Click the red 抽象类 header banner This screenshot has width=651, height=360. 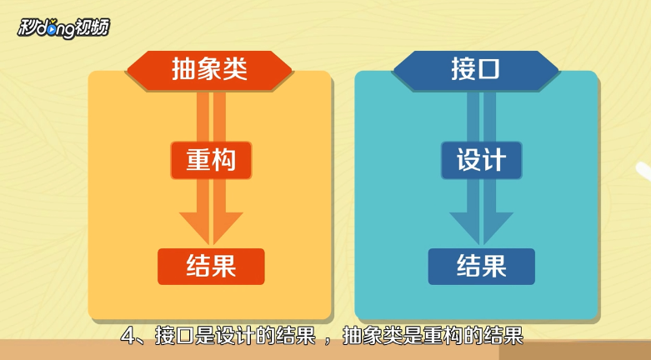[x=209, y=69]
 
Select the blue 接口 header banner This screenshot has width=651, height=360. [x=476, y=69]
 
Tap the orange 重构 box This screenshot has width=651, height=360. [x=210, y=160]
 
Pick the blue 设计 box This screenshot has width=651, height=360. [x=481, y=160]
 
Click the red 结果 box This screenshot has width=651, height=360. [x=211, y=266]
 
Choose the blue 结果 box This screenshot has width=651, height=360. [x=481, y=266]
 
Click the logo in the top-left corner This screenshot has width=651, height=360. [x=63, y=27]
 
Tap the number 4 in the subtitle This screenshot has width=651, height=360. [x=128, y=337]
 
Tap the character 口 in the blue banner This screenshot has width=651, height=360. [x=489, y=69]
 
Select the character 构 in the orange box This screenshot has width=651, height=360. [x=224, y=160]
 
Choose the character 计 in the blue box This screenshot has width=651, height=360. [x=494, y=160]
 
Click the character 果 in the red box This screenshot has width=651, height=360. [x=224, y=266]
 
